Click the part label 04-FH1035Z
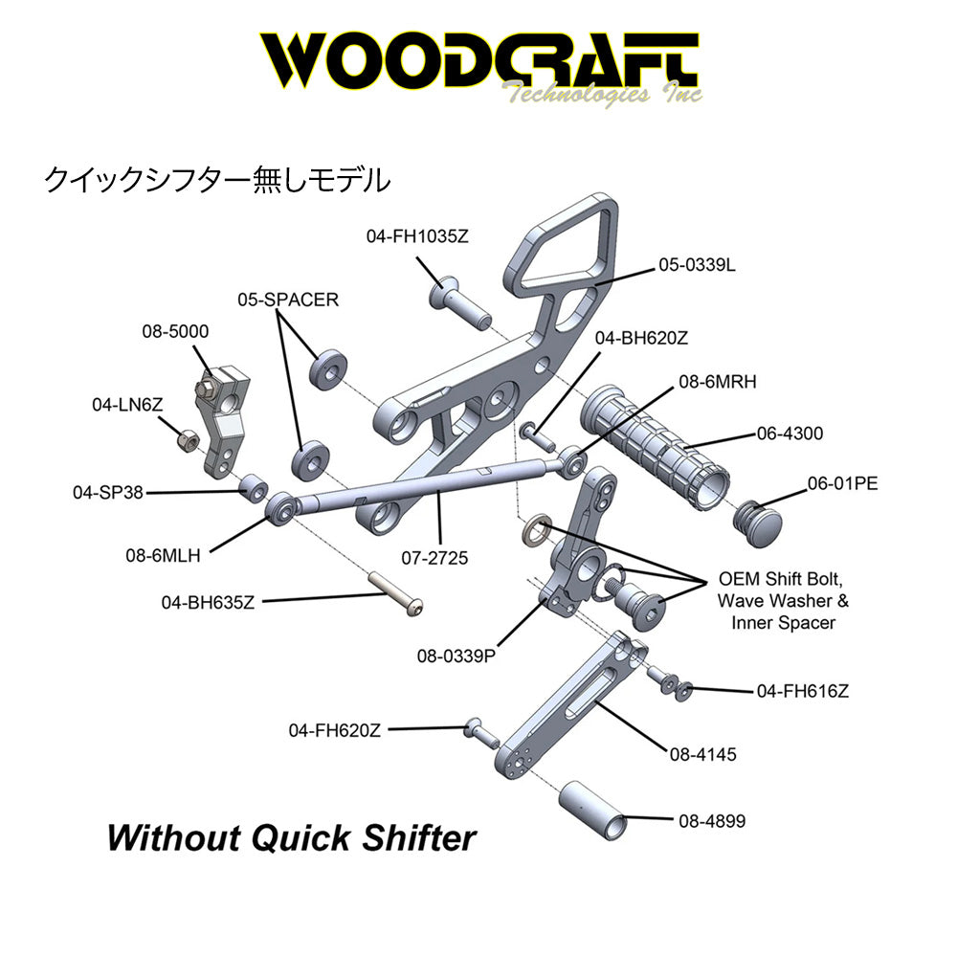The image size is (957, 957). point(417,236)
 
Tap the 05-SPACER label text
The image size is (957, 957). point(288,300)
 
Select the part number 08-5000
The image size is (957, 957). point(175,331)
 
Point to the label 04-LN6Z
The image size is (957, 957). point(127,405)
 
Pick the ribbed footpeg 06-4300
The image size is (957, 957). point(655,446)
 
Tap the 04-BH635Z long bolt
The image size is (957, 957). point(395,592)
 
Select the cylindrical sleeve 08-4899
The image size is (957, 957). point(593,812)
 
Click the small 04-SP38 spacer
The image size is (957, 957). point(253,487)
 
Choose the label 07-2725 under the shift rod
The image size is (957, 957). point(434,558)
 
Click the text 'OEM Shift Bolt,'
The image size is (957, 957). point(780,579)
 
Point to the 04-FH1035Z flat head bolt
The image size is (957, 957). point(460,302)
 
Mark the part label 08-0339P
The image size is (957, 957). point(456,657)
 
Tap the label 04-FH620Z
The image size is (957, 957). point(334,730)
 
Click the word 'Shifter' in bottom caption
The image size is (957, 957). point(419,837)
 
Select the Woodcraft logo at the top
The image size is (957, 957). point(481,67)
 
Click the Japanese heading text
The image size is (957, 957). point(217,180)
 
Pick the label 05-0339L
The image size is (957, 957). point(697,265)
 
